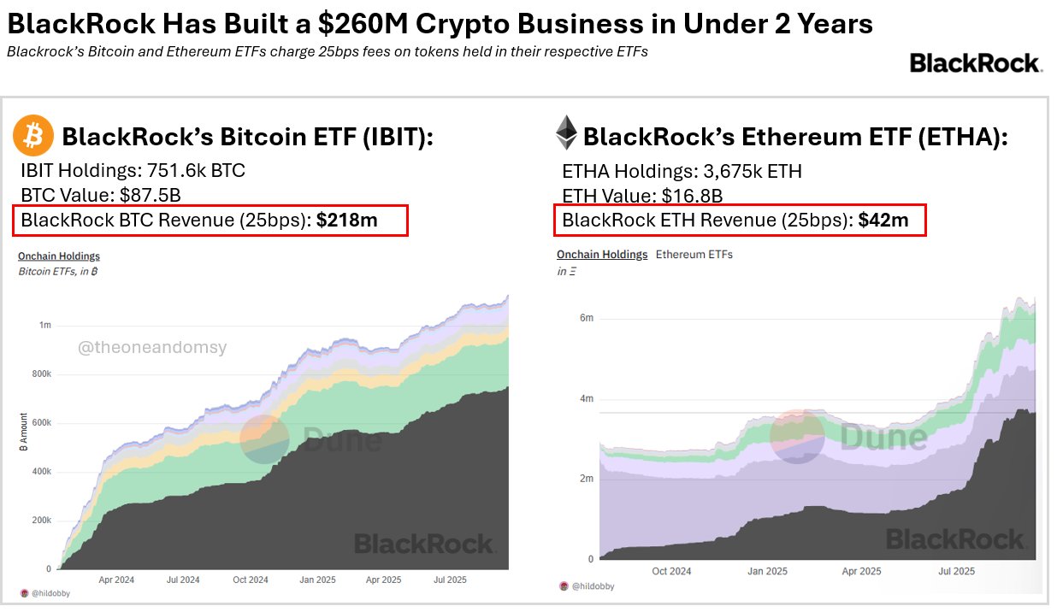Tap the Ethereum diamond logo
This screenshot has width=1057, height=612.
(x=566, y=133)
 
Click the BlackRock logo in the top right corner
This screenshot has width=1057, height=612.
(x=975, y=63)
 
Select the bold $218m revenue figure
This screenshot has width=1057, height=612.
(x=346, y=220)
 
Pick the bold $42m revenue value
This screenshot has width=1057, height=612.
(x=883, y=220)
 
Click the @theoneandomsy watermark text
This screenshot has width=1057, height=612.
(x=153, y=348)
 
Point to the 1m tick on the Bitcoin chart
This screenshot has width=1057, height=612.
(x=45, y=326)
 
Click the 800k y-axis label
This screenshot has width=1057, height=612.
(x=41, y=374)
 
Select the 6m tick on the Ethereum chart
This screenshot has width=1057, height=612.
(x=587, y=318)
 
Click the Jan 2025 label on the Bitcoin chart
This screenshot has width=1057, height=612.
(x=316, y=580)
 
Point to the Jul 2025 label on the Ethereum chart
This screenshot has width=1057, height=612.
(x=956, y=571)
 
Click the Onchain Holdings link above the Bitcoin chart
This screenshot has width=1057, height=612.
(x=59, y=256)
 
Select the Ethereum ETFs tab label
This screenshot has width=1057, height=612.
(x=694, y=254)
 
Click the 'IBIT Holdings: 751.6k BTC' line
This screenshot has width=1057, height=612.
(x=133, y=171)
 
